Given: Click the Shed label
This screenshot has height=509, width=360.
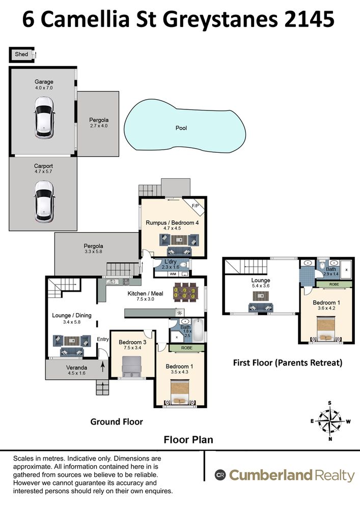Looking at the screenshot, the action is pos(21,54).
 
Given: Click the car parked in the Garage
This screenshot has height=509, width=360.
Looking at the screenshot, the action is pos(44,118).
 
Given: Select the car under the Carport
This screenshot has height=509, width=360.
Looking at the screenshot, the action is pos(44,201).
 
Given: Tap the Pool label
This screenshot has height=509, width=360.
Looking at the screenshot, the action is pos(181,128).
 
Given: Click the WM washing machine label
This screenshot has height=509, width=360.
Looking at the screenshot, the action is pos(173,274).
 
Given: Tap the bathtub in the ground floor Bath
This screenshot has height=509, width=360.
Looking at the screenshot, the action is pos(198,330).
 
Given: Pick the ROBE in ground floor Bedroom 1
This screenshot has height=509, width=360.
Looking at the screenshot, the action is pos(187,348).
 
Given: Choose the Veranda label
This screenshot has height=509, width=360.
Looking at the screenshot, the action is pos(76,367).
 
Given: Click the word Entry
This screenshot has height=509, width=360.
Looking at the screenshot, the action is pos(103,339).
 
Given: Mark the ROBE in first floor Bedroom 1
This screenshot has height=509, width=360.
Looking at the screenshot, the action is pos(334,285).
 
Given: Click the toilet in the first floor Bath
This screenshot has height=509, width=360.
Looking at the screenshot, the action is pos(322,264).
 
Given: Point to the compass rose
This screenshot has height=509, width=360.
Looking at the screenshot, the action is pos(330,421).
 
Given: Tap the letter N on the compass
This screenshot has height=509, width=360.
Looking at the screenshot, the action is pos(330,439).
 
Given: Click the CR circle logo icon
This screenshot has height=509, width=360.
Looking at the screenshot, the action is pos(220,475).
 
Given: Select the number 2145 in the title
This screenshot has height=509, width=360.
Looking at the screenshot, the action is pos(309,19).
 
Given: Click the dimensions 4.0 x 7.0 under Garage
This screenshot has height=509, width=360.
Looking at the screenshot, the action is pos(44,88).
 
